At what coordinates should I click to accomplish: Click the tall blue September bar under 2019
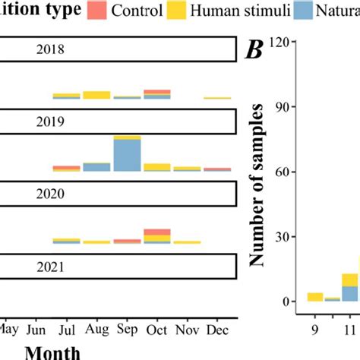[x=127, y=156]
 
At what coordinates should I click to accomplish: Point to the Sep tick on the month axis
[x=127, y=330]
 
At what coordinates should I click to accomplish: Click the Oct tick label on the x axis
[x=156, y=330]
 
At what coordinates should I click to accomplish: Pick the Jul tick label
[x=67, y=330]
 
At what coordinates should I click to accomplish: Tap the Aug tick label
[x=96, y=330]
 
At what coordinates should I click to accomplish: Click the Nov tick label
[x=187, y=330]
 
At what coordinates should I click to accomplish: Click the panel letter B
[x=253, y=51]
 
